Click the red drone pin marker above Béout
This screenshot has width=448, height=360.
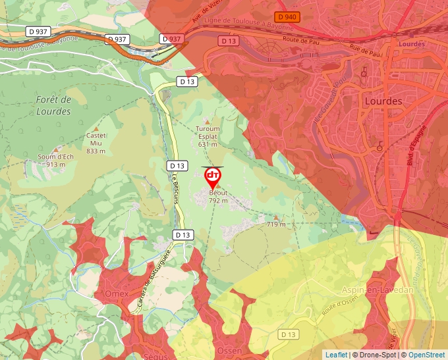213,176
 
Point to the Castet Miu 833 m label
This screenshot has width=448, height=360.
96,143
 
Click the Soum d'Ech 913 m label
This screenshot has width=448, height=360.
55,160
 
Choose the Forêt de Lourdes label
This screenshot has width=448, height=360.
53,105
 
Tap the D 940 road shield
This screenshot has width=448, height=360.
287,16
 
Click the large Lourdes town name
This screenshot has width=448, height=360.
383,101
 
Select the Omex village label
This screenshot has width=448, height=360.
116,293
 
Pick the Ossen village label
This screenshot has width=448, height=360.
229,351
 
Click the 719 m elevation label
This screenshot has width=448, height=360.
276,224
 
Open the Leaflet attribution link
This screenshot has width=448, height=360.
336,355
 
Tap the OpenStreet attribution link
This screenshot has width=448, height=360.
427,355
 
